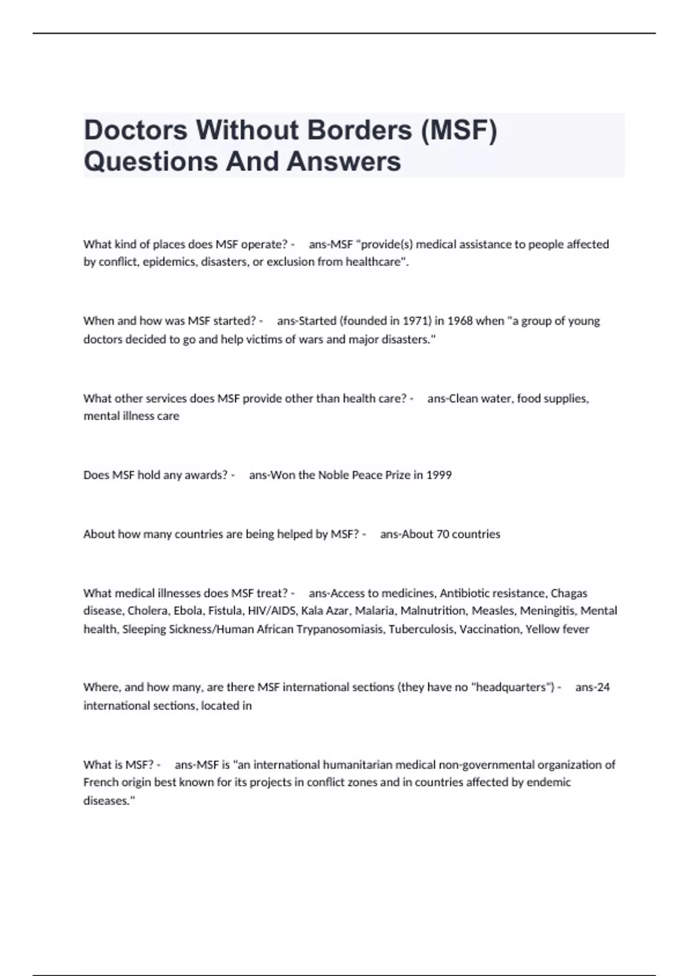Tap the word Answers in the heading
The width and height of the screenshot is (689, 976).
343,161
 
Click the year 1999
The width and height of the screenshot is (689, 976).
439,475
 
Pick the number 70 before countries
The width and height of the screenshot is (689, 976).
443,535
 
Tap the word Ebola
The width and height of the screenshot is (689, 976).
188,611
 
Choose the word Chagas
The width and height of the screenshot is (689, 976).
569,593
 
